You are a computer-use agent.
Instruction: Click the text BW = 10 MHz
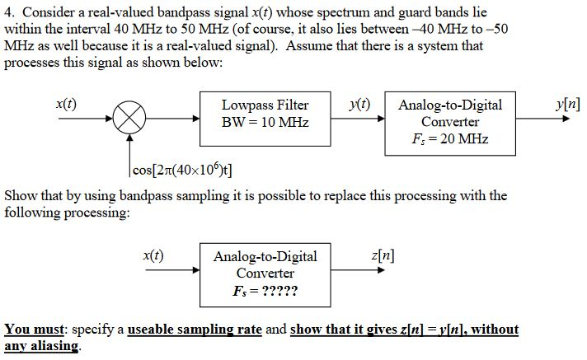pyautogui.click(x=265, y=123)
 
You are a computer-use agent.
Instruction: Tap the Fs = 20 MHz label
pyautogui.click(x=450, y=138)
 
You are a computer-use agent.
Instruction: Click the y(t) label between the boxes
pyautogui.click(x=359, y=104)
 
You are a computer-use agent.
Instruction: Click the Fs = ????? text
pyautogui.click(x=265, y=291)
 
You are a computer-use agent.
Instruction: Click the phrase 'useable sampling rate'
pyautogui.click(x=194, y=330)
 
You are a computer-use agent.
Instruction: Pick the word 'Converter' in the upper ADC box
pyautogui.click(x=450, y=122)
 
